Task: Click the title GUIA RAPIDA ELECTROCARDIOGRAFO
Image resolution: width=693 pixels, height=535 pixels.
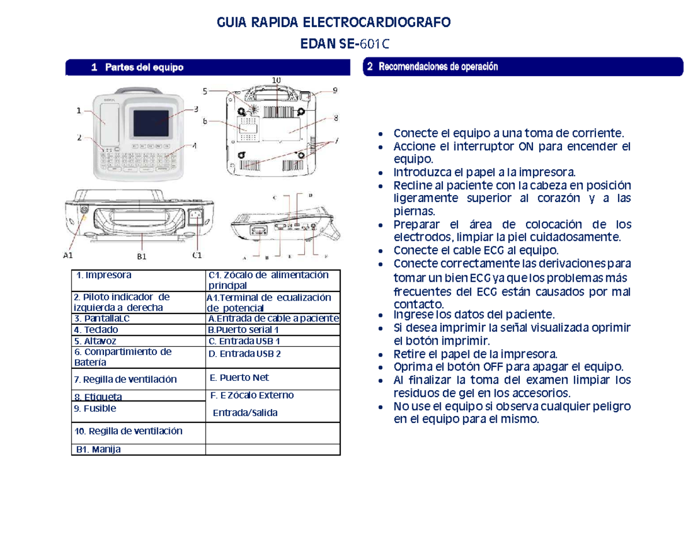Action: pyautogui.click(x=333, y=23)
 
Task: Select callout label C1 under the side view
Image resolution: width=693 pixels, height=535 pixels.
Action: pyautogui.click(x=196, y=254)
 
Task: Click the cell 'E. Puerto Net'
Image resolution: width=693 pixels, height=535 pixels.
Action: pyautogui.click(x=240, y=378)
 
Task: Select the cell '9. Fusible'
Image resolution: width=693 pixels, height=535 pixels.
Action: pyautogui.click(x=96, y=408)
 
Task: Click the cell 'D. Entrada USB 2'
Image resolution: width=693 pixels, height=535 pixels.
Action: pyautogui.click(x=245, y=354)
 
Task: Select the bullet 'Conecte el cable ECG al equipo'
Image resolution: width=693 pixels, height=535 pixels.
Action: pyautogui.click(x=476, y=250)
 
